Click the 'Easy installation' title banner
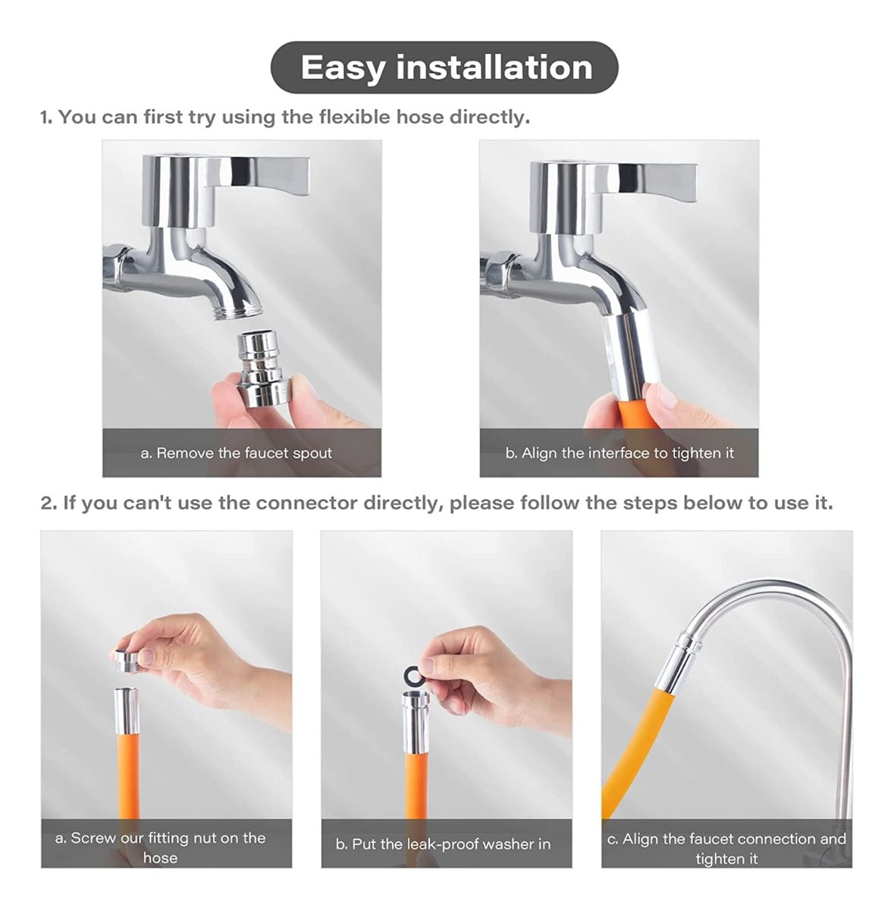click(446, 67)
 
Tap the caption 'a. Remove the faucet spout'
click(237, 453)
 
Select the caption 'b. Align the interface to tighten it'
click(620, 453)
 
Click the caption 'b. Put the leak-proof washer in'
click(444, 844)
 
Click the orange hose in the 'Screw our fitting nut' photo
click(126, 773)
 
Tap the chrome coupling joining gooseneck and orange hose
click(677, 661)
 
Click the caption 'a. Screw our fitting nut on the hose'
click(161, 847)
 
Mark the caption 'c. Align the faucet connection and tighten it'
click(726, 848)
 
